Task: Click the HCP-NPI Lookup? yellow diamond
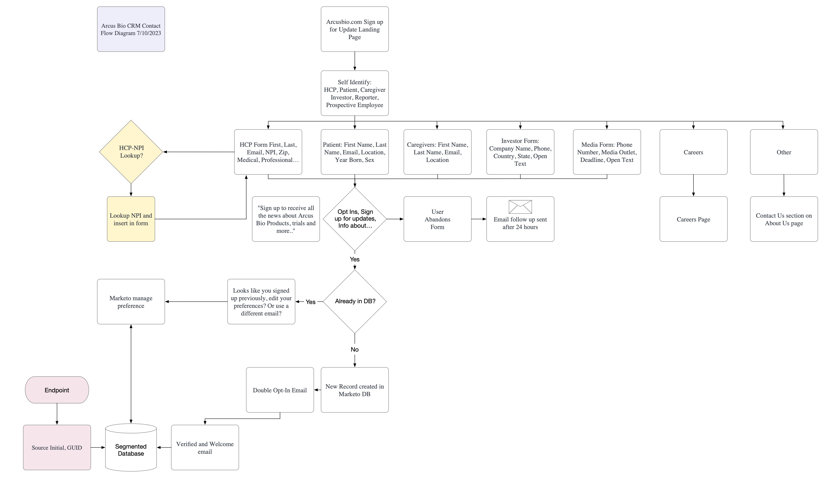131,152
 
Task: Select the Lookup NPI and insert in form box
131,219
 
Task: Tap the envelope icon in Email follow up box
520,207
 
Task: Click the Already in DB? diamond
354,301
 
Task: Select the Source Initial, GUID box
57,447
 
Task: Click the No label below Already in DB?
354,349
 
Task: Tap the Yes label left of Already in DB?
310,302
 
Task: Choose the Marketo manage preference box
131,301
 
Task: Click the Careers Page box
693,219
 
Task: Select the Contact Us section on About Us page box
784,219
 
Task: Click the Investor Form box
520,152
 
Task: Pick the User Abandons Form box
437,219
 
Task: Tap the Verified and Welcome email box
205,447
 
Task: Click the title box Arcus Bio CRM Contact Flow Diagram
131,29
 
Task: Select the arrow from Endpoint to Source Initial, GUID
57,414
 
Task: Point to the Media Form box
607,152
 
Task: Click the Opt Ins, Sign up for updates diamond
354,219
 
